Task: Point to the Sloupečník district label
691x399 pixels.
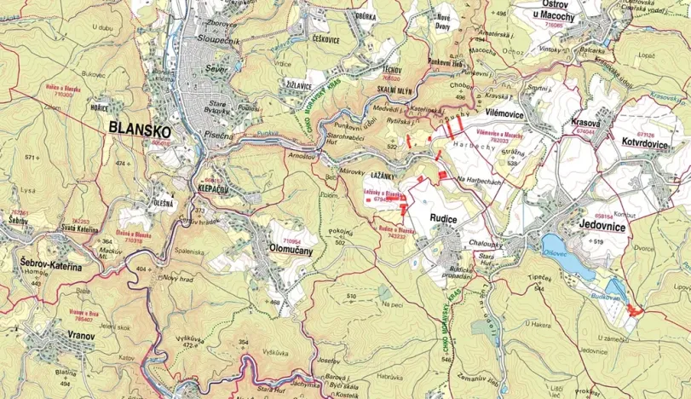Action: [222, 39]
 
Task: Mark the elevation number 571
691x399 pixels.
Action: [33, 159]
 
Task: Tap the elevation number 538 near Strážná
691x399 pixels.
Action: [512, 163]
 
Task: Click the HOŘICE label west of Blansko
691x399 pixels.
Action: [100, 107]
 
